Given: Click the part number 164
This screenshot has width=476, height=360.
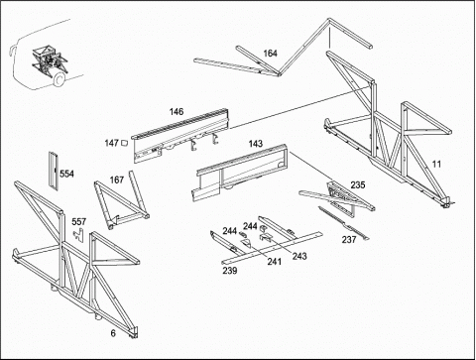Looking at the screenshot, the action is pyautogui.click(x=270, y=54).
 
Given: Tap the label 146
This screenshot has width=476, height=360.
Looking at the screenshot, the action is pyautogui.click(x=177, y=112).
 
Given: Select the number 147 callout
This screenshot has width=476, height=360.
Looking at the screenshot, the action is pyautogui.click(x=111, y=143).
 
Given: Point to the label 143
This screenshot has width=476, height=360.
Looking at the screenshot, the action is pyautogui.click(x=256, y=144).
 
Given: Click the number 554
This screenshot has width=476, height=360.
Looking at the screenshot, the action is pyautogui.click(x=66, y=174).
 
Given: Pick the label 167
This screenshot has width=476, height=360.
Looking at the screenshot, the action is pyautogui.click(x=117, y=180).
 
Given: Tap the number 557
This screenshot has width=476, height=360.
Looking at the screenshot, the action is pyautogui.click(x=79, y=221).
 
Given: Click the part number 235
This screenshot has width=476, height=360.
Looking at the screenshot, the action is pyautogui.click(x=358, y=184).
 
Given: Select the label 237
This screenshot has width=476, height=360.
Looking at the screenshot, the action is pyautogui.click(x=349, y=239).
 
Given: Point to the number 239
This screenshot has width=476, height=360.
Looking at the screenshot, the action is pyautogui.click(x=230, y=271).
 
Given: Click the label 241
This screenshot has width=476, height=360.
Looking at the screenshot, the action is pyautogui.click(x=275, y=262).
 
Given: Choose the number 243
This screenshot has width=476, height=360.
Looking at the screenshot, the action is pyautogui.click(x=299, y=256).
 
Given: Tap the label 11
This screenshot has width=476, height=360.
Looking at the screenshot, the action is pyautogui.click(x=436, y=164).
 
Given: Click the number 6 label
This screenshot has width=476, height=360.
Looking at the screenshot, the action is pyautogui.click(x=113, y=333).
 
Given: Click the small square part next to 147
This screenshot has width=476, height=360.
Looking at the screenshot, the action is pyautogui.click(x=124, y=143).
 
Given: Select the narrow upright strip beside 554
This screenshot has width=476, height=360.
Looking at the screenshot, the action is pyautogui.click(x=53, y=171).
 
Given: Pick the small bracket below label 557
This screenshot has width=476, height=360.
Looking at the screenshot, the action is pyautogui.click(x=79, y=234).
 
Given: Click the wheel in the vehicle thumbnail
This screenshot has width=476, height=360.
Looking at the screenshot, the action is pyautogui.click(x=59, y=79).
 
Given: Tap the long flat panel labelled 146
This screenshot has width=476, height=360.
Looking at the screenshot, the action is pyautogui.click(x=180, y=137).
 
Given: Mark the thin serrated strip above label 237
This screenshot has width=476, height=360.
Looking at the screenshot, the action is pyautogui.click(x=344, y=223).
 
